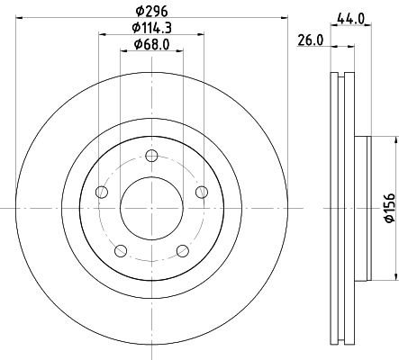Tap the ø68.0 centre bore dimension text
[x=150, y=45]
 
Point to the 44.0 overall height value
[x=350, y=17]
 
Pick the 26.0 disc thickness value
[x=309, y=40]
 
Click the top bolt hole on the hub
[x=151, y=158]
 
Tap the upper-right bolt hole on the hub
[x=201, y=191]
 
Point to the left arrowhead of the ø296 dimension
[x=21, y=21]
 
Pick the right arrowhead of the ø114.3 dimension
[x=200, y=37]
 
